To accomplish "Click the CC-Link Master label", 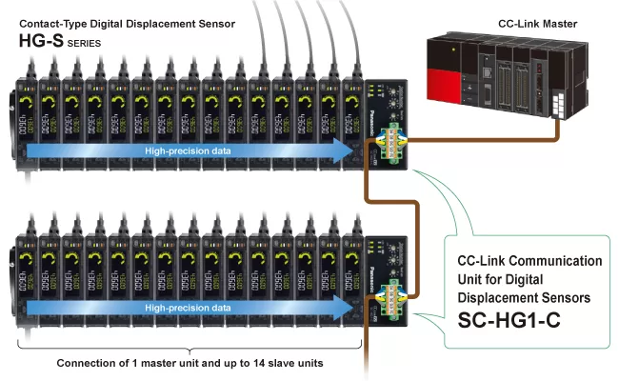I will tap(535, 22).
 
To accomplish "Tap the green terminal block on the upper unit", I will tap(391, 142).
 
